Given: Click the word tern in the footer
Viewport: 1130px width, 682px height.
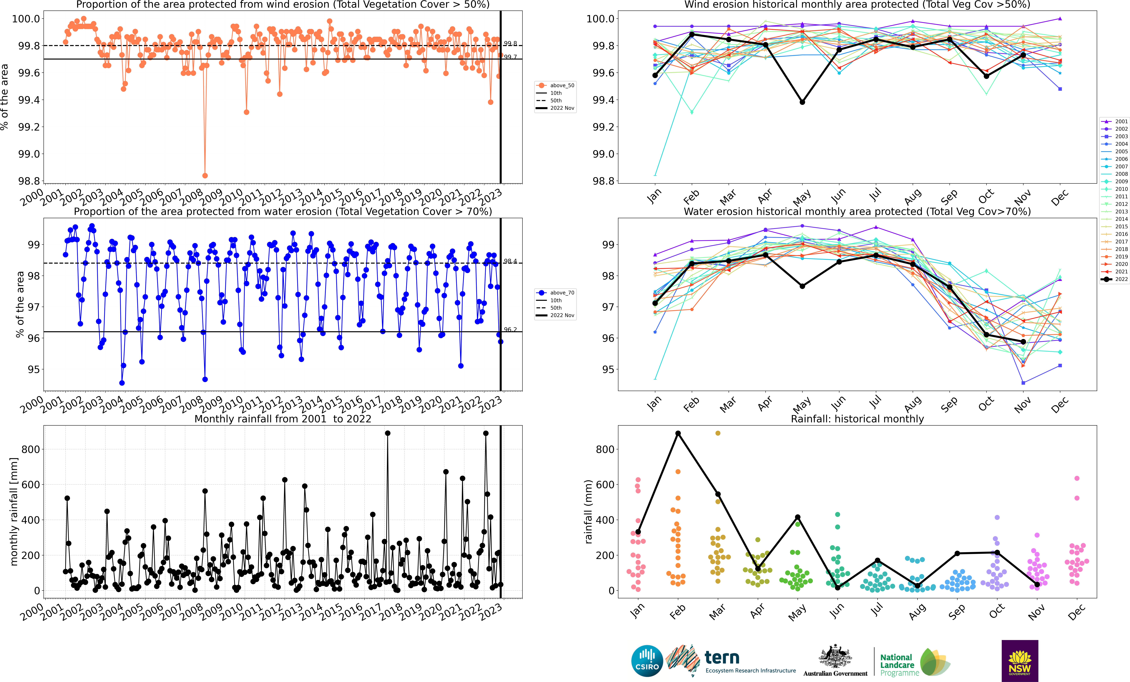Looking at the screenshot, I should coord(722,658).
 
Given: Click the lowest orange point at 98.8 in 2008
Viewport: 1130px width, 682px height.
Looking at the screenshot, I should coord(205,176).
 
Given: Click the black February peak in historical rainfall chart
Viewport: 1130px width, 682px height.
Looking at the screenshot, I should coord(678,433).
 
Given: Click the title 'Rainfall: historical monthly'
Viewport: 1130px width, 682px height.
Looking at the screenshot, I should coord(857,419).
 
